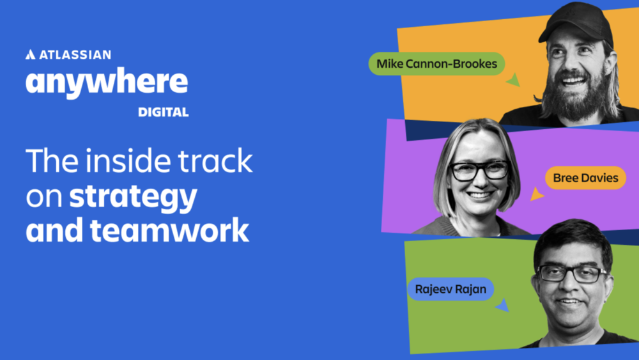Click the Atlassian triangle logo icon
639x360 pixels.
click(x=31, y=54)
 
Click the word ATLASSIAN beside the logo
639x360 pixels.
click(x=75, y=54)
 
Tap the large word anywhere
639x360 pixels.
click(x=107, y=82)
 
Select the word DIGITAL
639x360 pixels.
click(x=163, y=112)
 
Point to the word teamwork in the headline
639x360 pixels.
click(x=169, y=230)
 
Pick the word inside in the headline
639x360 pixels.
click(x=128, y=160)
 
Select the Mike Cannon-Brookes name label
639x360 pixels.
click(x=436, y=63)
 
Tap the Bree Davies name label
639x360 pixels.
click(x=585, y=178)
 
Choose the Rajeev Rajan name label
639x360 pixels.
click(x=450, y=289)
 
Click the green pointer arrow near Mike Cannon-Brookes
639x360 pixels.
click(x=514, y=80)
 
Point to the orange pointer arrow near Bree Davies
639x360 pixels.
click(x=536, y=194)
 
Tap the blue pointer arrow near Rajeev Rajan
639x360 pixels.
click(x=503, y=306)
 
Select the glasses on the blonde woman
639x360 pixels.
click(x=479, y=171)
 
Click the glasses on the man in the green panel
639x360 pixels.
click(x=573, y=274)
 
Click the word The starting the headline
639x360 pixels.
click(x=52, y=160)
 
